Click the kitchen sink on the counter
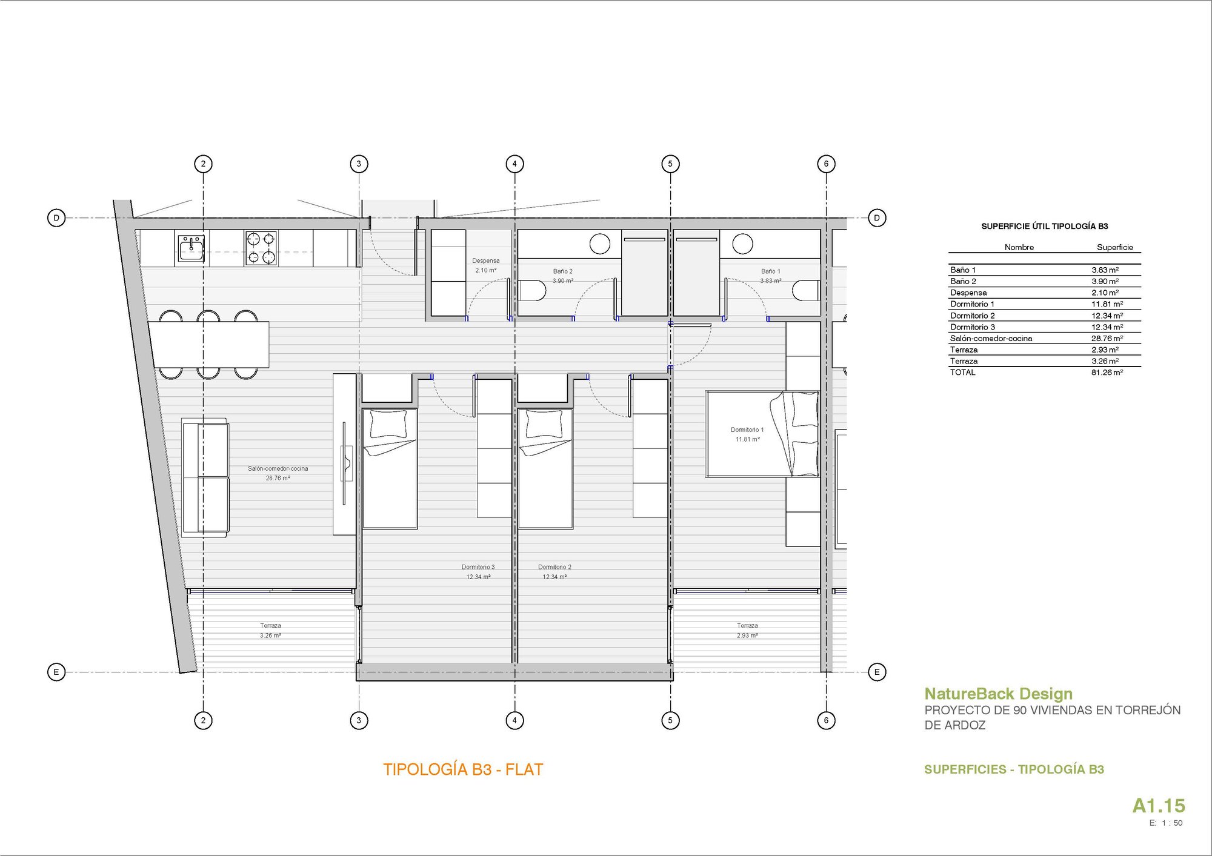(191, 248)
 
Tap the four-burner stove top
(261, 248)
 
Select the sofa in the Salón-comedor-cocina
(205, 477)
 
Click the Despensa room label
(485, 261)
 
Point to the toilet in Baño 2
(533, 291)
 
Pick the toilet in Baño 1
(806, 291)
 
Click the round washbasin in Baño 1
(742, 244)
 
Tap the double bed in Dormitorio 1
(762, 434)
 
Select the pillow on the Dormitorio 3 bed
(388, 424)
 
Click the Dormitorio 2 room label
(554, 568)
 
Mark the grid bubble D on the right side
(877, 217)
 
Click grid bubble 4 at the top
(514, 164)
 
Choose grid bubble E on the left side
(56, 671)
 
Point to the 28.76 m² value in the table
(1107, 339)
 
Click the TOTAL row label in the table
(962, 373)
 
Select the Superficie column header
(1114, 247)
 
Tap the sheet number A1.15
(1158, 806)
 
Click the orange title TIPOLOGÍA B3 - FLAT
(463, 769)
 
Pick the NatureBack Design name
(998, 694)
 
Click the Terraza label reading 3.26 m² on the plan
(270, 631)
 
